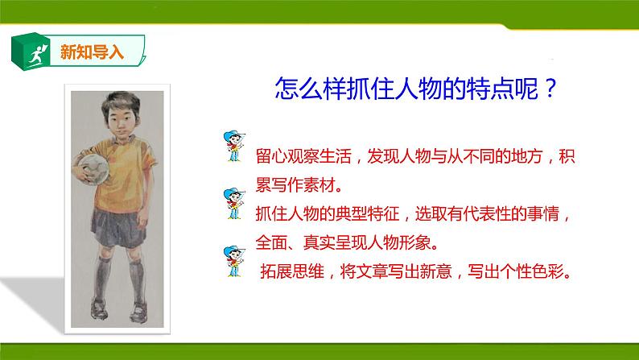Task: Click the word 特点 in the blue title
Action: click(475, 89)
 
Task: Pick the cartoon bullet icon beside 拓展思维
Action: click(232, 262)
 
